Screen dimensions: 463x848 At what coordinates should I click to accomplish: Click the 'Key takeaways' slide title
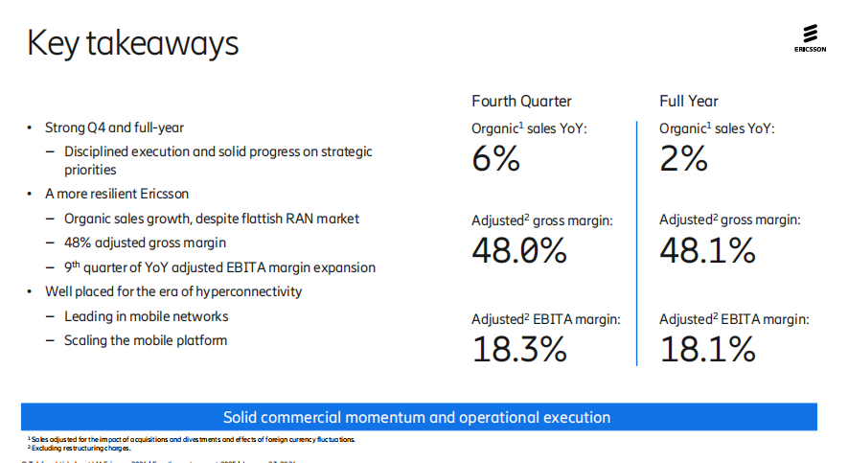pyautogui.click(x=132, y=43)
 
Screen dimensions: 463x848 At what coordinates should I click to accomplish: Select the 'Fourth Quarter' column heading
pyautogui.click(x=521, y=102)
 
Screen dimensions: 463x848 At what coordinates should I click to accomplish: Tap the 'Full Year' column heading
pyautogui.click(x=688, y=102)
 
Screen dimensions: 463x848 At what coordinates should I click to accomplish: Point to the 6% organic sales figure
pyautogui.click(x=495, y=158)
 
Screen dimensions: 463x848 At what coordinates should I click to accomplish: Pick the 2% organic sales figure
pyautogui.click(x=683, y=158)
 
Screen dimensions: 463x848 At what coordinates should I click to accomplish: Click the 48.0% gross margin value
pyautogui.click(x=519, y=250)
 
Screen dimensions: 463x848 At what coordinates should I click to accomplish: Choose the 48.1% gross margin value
pyautogui.click(x=707, y=250)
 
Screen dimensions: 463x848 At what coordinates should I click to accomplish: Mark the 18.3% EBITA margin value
pyautogui.click(x=519, y=350)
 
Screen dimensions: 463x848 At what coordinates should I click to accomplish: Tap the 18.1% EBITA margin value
pyautogui.click(x=707, y=350)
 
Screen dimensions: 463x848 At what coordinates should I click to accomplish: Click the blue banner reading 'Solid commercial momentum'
pyautogui.click(x=418, y=417)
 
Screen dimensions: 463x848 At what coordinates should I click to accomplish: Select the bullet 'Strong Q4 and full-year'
pyautogui.click(x=114, y=127)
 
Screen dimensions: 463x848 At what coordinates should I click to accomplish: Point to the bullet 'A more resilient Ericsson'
pyautogui.click(x=117, y=194)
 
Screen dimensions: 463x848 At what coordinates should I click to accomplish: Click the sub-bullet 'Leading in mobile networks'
pyautogui.click(x=146, y=316)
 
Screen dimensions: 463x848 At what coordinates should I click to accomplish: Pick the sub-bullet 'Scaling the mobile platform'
pyautogui.click(x=146, y=340)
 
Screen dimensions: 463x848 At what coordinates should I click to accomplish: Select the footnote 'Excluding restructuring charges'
pyautogui.click(x=81, y=448)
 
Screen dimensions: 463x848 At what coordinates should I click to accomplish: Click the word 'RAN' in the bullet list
pyautogui.click(x=296, y=219)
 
